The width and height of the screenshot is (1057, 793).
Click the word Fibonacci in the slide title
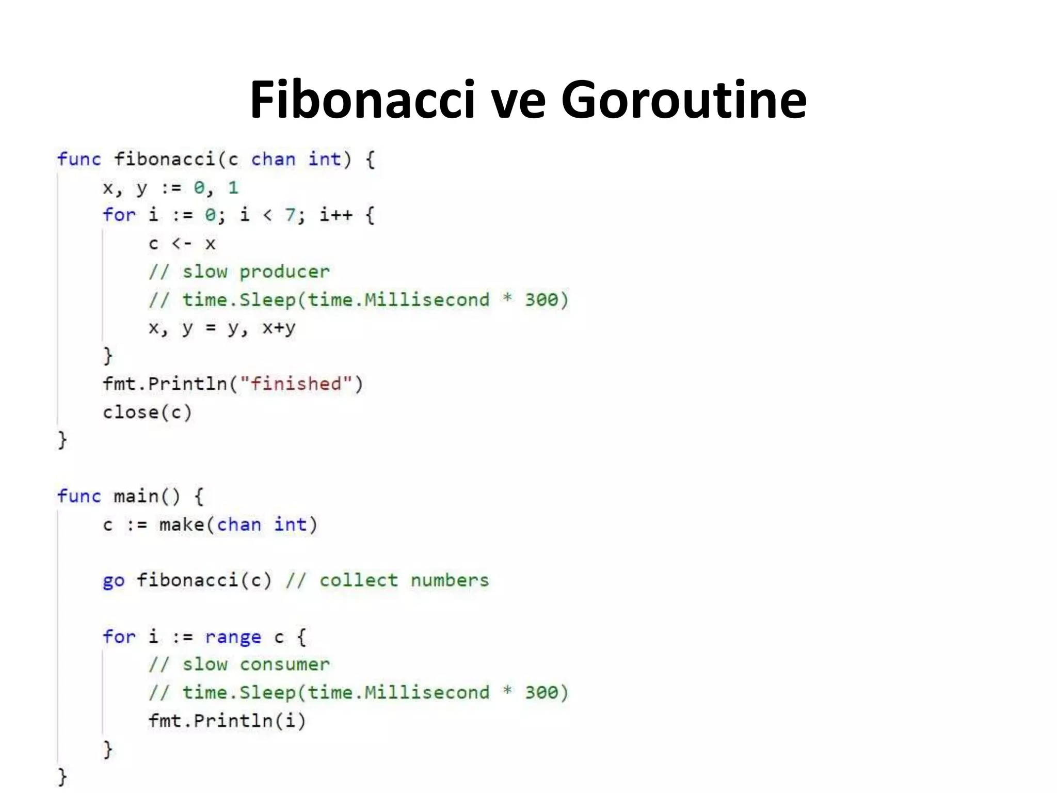(x=362, y=99)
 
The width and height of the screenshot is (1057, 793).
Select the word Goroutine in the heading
(x=683, y=99)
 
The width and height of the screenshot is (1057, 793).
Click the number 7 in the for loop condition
(x=290, y=215)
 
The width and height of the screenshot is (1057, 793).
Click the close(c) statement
(x=147, y=412)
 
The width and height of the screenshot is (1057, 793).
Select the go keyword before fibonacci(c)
(x=114, y=581)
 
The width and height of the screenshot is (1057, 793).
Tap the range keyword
(x=233, y=637)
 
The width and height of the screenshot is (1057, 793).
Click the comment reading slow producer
(x=255, y=272)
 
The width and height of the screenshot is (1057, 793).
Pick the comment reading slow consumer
(x=255, y=664)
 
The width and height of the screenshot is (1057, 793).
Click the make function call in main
(x=181, y=525)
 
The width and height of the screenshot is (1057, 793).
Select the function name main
(x=136, y=497)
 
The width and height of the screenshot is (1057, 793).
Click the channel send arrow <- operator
(x=181, y=243)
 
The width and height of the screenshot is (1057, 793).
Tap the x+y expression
(x=279, y=328)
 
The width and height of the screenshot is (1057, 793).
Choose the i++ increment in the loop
(x=335, y=215)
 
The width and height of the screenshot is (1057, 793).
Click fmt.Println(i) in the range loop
(x=227, y=721)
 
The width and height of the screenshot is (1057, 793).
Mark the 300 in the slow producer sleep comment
(x=541, y=299)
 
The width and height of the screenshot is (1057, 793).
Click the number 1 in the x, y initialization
(x=233, y=187)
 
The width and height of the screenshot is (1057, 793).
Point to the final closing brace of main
(x=62, y=776)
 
